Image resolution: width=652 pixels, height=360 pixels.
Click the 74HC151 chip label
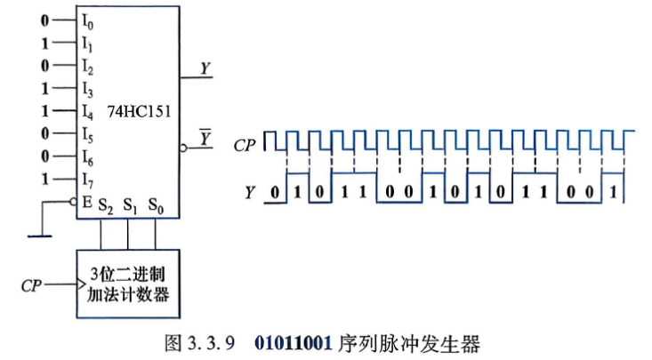139,111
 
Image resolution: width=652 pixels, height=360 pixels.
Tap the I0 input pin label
87,21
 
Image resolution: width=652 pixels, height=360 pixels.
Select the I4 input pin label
87,111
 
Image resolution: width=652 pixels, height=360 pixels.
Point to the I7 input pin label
87,180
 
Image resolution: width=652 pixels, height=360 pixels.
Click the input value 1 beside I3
44,88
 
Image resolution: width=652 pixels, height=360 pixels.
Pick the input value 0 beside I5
44,133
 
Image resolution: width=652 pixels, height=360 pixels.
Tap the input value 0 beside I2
44,66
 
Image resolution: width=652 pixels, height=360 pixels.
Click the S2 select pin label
106,205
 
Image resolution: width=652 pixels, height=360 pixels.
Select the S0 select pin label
156,205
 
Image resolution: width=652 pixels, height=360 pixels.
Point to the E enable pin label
87,203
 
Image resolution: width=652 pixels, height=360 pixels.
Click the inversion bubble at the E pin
73,202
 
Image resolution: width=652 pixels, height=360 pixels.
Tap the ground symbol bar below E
40,236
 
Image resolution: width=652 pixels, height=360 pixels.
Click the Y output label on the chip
205,68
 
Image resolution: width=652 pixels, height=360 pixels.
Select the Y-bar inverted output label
205,138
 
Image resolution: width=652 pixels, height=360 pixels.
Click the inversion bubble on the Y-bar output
183,148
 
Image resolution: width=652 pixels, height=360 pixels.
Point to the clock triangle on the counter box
82,284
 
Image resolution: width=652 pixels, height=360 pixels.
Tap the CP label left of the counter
32,286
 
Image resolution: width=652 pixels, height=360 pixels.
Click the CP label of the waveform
245,146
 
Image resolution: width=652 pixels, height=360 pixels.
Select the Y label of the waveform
249,193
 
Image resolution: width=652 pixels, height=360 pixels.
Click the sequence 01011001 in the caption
294,343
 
